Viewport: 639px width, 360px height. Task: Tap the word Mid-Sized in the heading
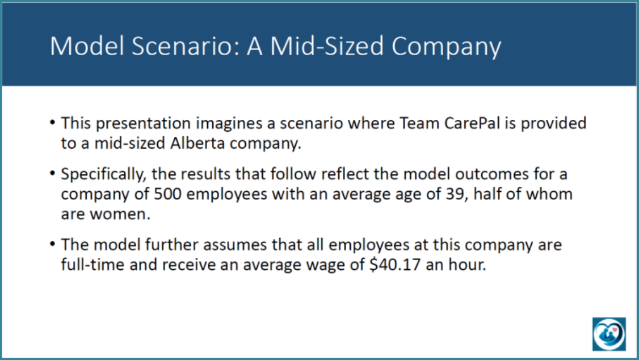[327, 45]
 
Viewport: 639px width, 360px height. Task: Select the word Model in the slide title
[87, 45]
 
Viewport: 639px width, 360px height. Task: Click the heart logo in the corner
[609, 334]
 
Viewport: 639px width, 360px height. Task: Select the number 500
[167, 194]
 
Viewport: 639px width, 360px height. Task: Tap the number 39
[456, 194]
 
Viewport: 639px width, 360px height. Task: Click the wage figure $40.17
[395, 265]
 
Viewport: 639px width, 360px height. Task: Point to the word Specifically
[103, 174]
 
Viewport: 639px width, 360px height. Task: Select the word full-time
[93, 265]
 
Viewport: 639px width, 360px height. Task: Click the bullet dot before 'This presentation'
[53, 122]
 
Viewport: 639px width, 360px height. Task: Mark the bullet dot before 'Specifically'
[53, 173]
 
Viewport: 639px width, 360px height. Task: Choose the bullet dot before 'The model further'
[53, 244]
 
